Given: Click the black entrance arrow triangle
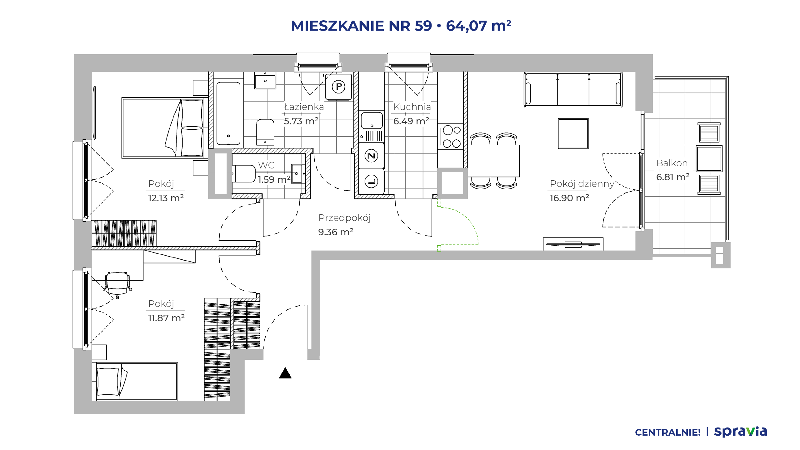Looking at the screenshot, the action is click(x=285, y=373).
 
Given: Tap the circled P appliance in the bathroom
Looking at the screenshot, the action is click(x=338, y=87).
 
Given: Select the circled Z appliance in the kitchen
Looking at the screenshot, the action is click(x=371, y=156).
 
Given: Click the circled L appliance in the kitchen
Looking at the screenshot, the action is click(x=371, y=182).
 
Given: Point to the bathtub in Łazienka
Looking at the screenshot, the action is click(x=228, y=113).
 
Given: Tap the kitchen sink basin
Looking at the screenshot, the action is click(x=372, y=120).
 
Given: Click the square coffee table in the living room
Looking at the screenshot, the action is click(x=573, y=133).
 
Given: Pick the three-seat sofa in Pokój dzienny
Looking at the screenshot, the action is click(x=573, y=90).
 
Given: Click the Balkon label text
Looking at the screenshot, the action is click(x=672, y=163).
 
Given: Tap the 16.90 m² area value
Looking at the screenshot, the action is click(x=569, y=198).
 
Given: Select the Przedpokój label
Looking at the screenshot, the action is click(x=344, y=218).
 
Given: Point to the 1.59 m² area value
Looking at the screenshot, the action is click(x=274, y=179).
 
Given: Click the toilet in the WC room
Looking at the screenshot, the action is click(x=244, y=174).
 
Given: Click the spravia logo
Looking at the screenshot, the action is click(x=740, y=432).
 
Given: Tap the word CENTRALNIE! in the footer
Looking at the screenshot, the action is click(x=668, y=432).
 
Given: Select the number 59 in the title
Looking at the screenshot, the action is click(x=423, y=26).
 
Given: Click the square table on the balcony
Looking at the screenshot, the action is click(x=709, y=158).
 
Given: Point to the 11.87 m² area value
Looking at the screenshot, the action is click(x=166, y=318).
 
